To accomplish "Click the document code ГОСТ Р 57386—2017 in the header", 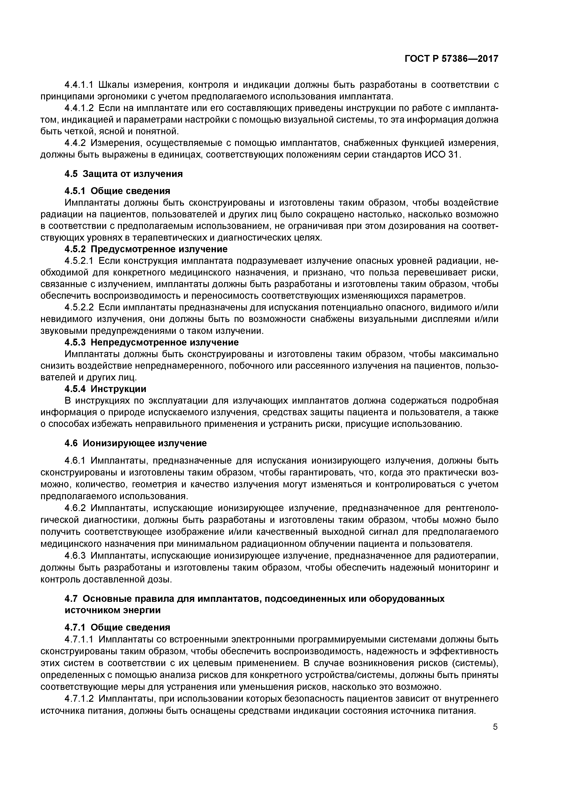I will coord(451,59).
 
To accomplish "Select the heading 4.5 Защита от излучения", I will coord(124,174).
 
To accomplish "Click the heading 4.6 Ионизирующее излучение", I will coord(136,443).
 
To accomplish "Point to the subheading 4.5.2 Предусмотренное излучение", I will coord(146,249).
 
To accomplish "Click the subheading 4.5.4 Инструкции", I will coord(105,389).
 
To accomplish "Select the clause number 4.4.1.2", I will coord(79,108).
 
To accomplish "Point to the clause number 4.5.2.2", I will coord(79,307).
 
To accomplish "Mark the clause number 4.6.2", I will coord(75,508).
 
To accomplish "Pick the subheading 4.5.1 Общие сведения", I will coord(118,191).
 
